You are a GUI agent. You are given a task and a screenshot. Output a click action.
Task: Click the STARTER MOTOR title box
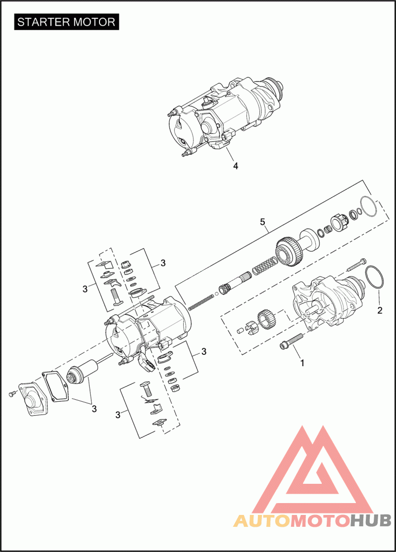point(67,22)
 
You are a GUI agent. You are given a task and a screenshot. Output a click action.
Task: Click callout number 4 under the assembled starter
point(236,166)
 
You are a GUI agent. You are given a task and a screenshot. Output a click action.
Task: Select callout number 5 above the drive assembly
point(262,222)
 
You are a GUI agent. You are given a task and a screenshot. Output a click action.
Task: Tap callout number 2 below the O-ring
point(380,310)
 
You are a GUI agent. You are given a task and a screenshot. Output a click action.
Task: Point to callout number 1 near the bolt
point(302,363)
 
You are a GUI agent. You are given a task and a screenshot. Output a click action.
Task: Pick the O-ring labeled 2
point(375,278)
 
